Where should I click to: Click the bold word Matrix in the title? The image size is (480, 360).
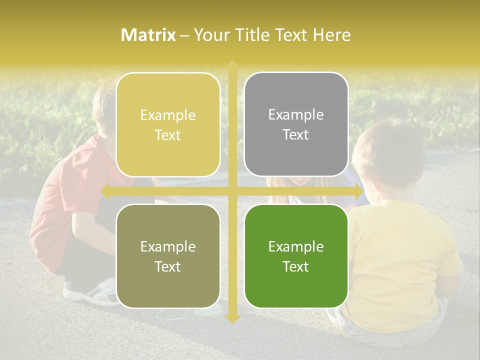pyautogui.click(x=148, y=35)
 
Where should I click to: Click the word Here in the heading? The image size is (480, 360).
pyautogui.click(x=331, y=35)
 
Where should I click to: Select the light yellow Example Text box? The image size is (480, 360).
pyautogui.click(x=168, y=125)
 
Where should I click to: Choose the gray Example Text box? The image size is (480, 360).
pyautogui.click(x=296, y=124)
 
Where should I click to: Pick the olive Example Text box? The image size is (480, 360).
pyautogui.click(x=168, y=256)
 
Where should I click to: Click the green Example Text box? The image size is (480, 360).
pyautogui.click(x=296, y=256)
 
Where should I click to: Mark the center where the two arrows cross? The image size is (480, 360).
pyautogui.click(x=232, y=191)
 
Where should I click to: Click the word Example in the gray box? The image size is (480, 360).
pyautogui.click(x=296, y=115)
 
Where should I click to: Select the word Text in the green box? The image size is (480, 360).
pyautogui.click(x=296, y=266)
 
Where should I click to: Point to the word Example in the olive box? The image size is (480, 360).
pyautogui.click(x=168, y=246)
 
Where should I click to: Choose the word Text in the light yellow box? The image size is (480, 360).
pyautogui.click(x=168, y=135)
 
